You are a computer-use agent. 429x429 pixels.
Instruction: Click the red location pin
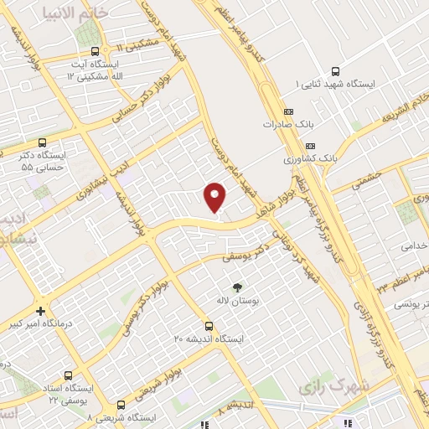click(215, 196)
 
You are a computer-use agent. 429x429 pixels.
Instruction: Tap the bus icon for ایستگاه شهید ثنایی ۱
click(336, 72)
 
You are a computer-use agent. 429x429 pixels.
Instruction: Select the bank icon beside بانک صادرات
click(290, 111)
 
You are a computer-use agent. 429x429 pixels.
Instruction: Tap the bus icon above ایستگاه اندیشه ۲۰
click(209, 326)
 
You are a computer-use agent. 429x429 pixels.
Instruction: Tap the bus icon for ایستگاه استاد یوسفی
click(67, 376)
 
